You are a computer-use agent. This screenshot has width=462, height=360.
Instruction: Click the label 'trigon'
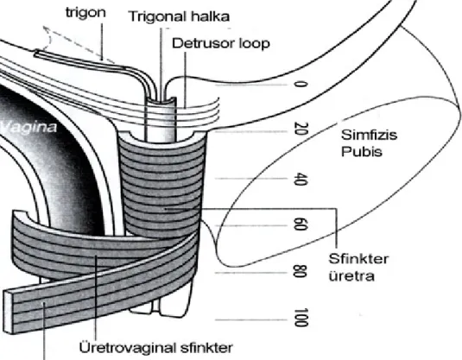click(x=85, y=13)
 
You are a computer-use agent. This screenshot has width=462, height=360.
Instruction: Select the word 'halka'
click(x=211, y=16)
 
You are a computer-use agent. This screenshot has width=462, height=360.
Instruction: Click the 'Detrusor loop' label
click(x=221, y=43)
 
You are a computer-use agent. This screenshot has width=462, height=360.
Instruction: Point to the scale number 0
click(x=301, y=85)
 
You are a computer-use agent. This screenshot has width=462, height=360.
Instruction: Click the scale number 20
click(x=301, y=129)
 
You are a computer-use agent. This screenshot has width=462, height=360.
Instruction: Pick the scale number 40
click(x=301, y=179)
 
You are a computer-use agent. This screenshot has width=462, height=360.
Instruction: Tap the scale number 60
click(x=301, y=224)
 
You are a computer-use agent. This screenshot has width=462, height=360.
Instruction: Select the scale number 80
click(x=301, y=272)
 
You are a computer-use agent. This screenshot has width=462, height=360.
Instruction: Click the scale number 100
click(x=301, y=318)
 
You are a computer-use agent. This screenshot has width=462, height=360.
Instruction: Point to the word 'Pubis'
click(x=362, y=152)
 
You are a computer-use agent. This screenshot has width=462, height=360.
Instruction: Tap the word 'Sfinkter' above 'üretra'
click(x=358, y=259)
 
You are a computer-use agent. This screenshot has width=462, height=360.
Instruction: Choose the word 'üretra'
click(x=351, y=276)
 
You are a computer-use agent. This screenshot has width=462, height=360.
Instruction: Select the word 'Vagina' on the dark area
click(x=28, y=127)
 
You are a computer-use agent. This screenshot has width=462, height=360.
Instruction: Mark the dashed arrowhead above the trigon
click(x=47, y=29)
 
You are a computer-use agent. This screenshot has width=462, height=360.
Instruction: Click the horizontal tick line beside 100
click(x=250, y=319)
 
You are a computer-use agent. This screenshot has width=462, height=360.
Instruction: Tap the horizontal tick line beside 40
click(x=250, y=179)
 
